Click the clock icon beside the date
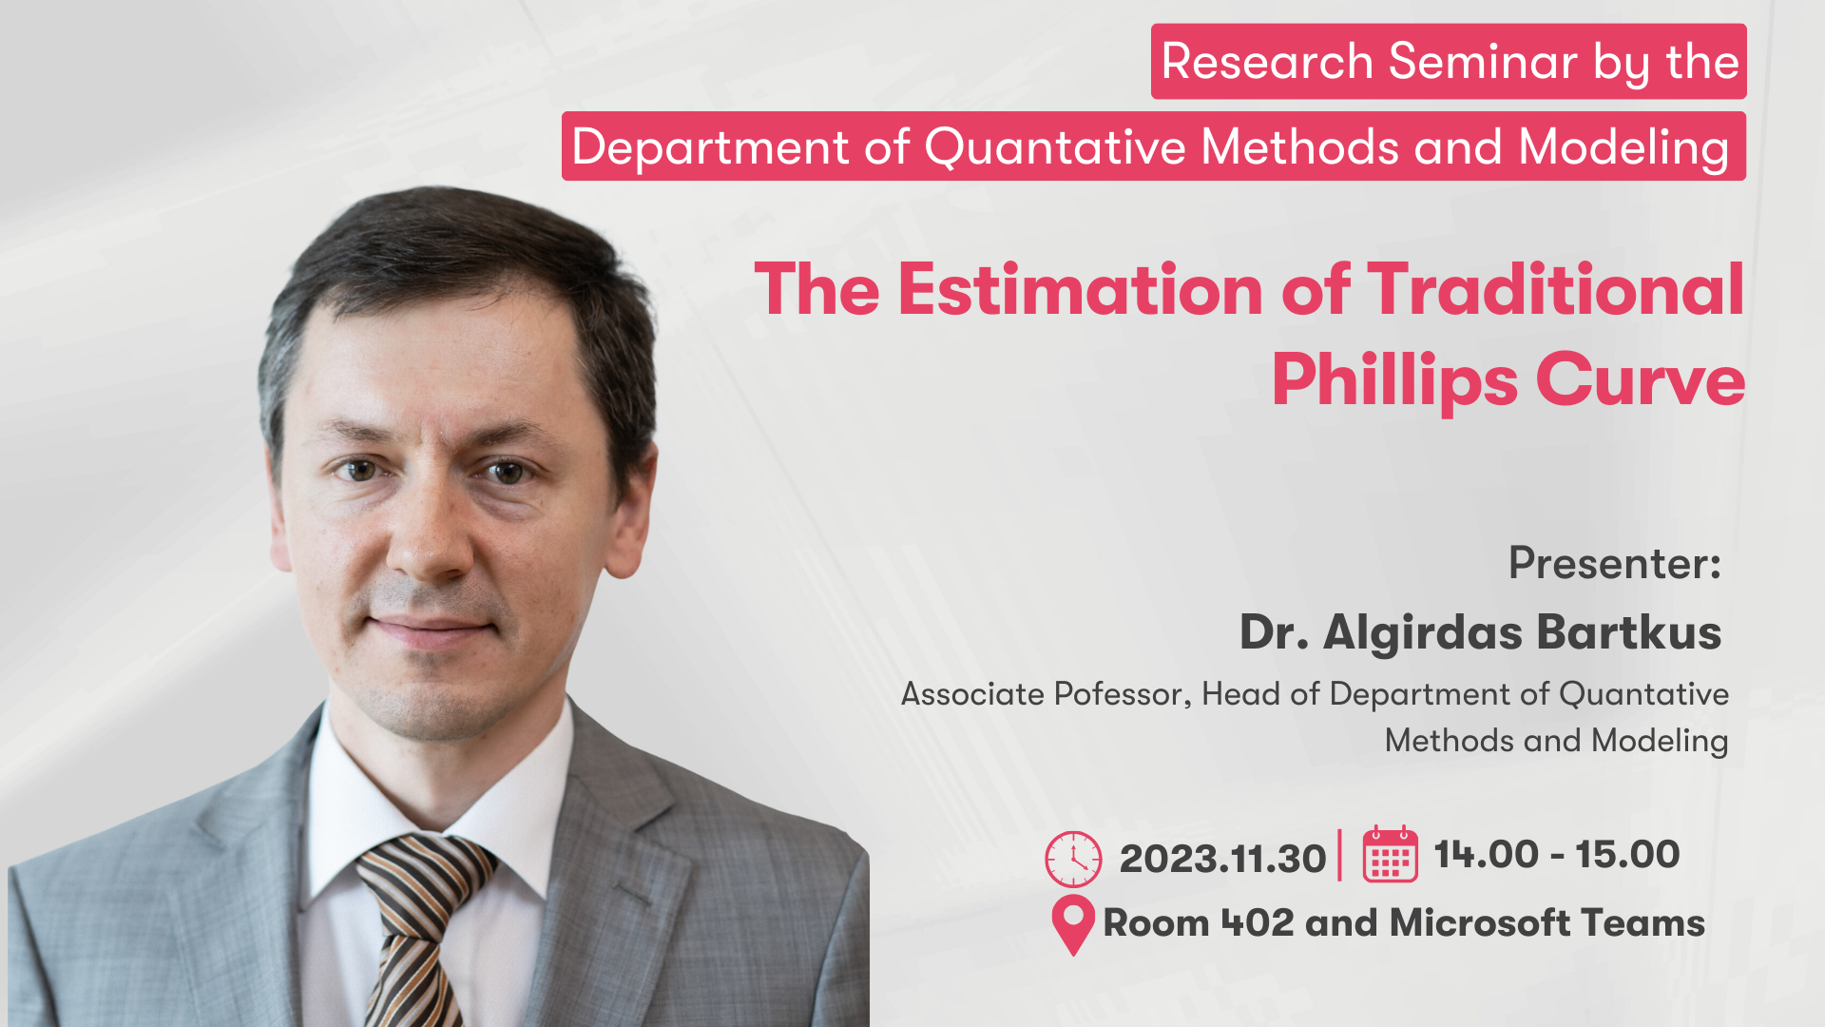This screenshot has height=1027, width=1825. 1073,859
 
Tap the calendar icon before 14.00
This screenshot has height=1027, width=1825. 1391,854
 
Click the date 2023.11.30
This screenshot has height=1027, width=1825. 1222,859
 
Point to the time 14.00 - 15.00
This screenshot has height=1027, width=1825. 1557,854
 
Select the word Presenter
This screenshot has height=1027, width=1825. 1615,563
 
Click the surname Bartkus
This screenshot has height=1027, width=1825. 1629,632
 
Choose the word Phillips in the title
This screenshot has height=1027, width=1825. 1394,380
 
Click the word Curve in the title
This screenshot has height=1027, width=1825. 1641,380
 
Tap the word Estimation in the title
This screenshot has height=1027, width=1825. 1081,289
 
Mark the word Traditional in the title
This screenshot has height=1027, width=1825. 1556,289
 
